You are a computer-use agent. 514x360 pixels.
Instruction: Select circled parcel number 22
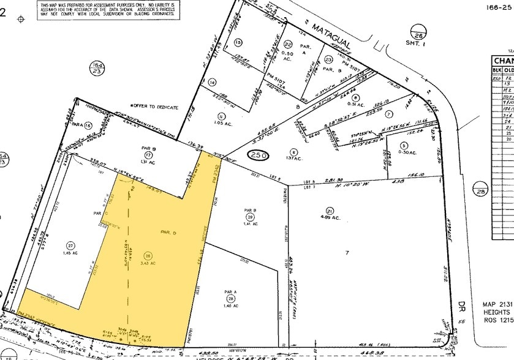(288, 43)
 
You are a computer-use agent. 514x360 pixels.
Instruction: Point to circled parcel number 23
(328, 59)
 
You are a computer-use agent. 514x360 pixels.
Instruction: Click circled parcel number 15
(238, 42)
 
